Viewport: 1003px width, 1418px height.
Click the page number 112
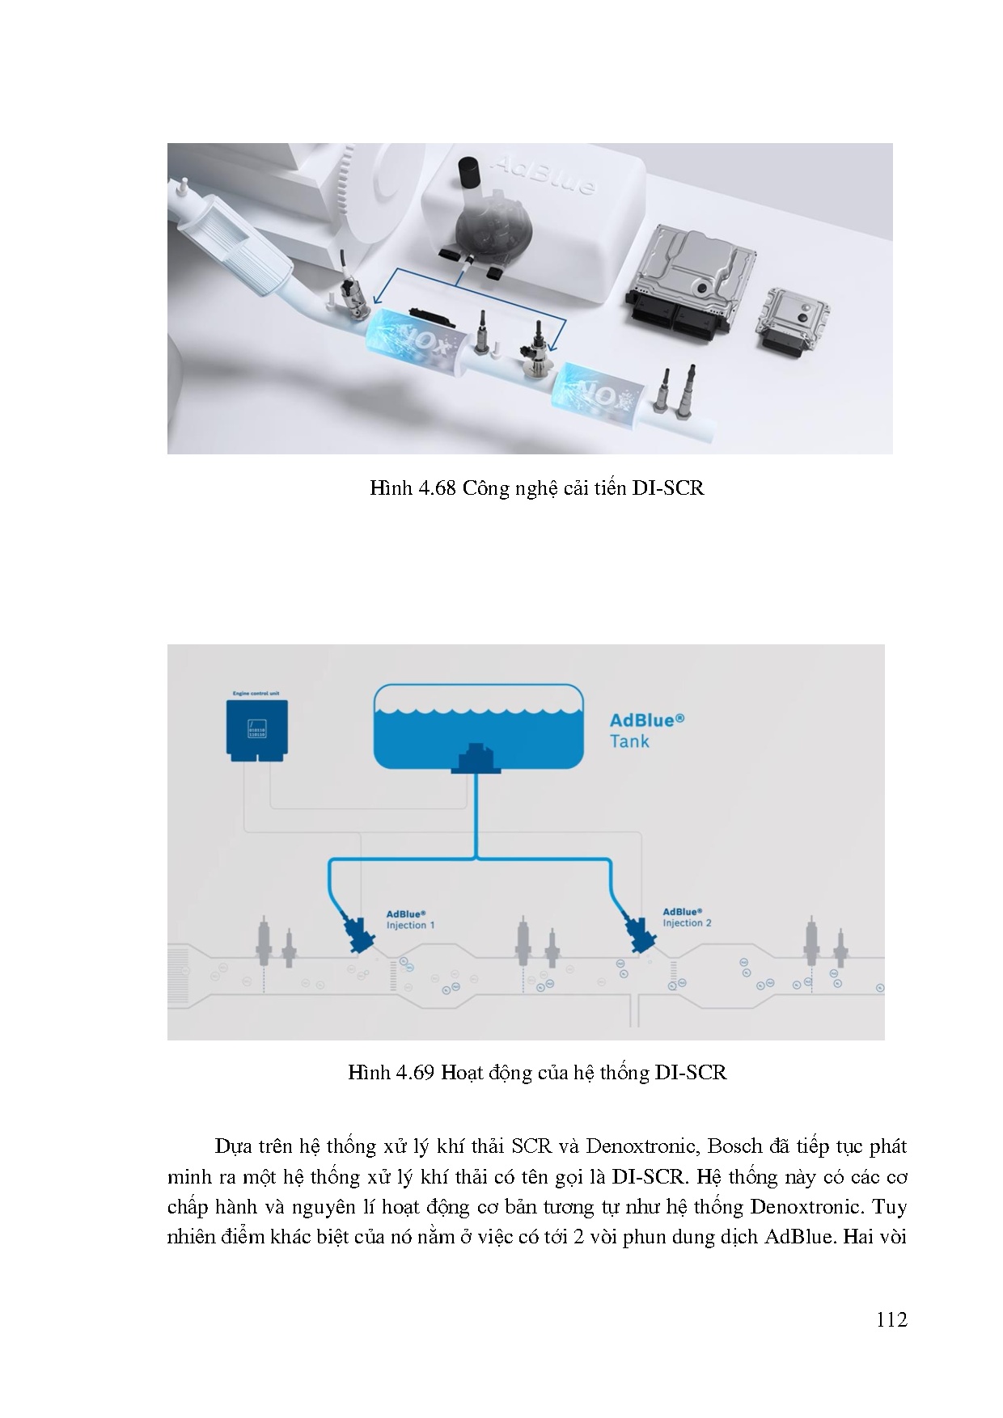pyautogui.click(x=891, y=1319)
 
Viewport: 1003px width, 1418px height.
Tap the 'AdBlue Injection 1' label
pyautogui.click(x=410, y=920)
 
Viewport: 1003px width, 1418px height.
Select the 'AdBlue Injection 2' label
pyautogui.click(x=687, y=918)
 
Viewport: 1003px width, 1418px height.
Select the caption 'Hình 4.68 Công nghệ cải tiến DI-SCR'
pyautogui.click(x=536, y=488)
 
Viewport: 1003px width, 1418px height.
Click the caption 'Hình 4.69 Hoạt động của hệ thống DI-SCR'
pyautogui.click(x=537, y=1073)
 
